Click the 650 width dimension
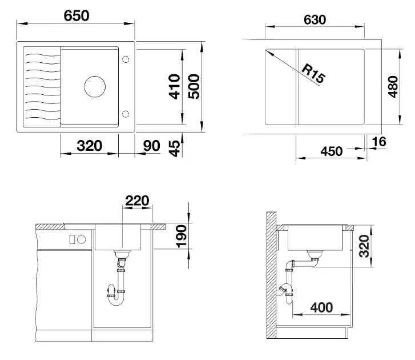click(x=76, y=16)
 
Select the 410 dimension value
click(x=175, y=87)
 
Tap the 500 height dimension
click(x=194, y=87)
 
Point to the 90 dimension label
click(x=151, y=146)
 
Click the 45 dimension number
click(x=175, y=149)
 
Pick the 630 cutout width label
click(x=315, y=20)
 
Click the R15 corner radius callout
click(x=313, y=73)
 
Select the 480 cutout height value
click(x=393, y=87)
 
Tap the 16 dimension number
click(x=378, y=142)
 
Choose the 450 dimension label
click(x=331, y=151)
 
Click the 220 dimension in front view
click(x=137, y=201)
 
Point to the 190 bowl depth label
click(x=182, y=237)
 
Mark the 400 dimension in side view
click(x=321, y=307)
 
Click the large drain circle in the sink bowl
click(x=95, y=87)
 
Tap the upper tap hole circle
click(x=126, y=59)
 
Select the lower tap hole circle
click(x=126, y=114)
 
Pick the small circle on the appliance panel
click(x=82, y=240)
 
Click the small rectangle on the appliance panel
click(x=72, y=240)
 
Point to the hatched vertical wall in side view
click(x=271, y=275)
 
